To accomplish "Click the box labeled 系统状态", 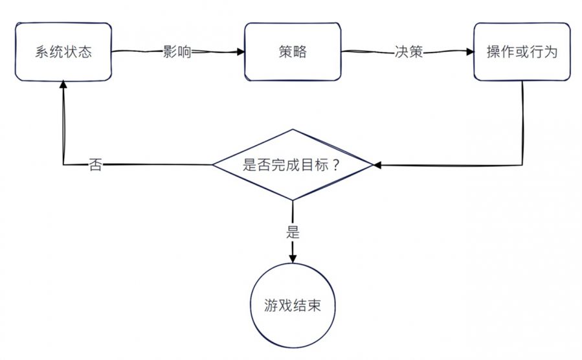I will pos(63,52).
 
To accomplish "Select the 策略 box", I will pos(293,52).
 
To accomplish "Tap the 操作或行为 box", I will pos(522,52).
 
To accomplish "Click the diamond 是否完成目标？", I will pos(293,164).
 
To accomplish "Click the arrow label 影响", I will pos(177,52).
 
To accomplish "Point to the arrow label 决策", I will pos(409,52).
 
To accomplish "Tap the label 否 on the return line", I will pos(95,165).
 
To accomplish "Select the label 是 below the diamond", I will pos(293,232).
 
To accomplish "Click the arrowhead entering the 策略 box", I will pos(241,52).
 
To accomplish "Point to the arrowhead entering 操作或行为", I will pos(470,52).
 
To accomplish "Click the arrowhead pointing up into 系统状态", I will pos(63,84).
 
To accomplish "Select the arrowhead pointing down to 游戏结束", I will pos(293,258).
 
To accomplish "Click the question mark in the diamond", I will pos(336,164).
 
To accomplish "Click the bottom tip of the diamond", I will pos(293,200).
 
